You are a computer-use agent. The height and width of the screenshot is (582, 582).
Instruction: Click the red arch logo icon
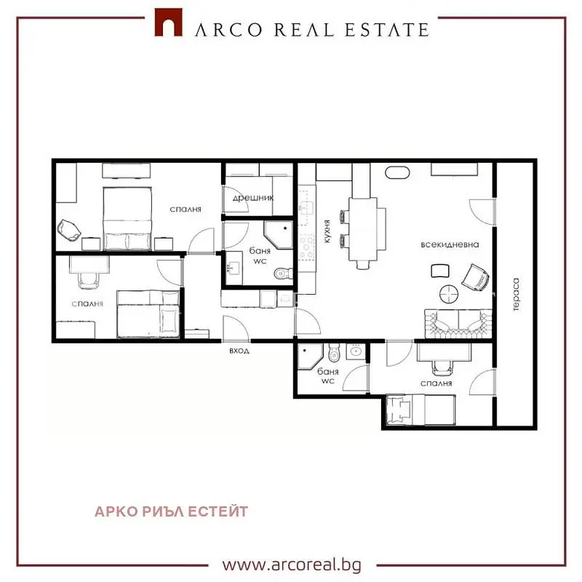pos(168,23)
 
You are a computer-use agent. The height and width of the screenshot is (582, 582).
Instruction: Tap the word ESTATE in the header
pos(387,30)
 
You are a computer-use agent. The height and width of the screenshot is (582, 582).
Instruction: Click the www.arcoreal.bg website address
pos(292,565)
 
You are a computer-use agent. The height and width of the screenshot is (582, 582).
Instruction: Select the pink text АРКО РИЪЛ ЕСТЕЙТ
pos(171,511)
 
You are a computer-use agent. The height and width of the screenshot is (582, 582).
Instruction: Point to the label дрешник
pos(253,198)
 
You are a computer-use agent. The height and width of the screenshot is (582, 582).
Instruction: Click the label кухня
pos(327,231)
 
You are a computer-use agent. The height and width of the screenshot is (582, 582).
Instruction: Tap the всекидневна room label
pos(450,244)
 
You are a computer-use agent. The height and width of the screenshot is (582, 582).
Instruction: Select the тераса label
pos(516,295)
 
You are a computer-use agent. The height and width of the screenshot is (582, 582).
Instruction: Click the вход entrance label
pos(239,351)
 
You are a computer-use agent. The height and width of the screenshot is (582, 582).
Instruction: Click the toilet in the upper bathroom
pos(283,274)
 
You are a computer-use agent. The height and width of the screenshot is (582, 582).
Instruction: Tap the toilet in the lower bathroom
pos(334,353)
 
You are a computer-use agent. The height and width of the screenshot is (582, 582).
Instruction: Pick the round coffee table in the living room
pos(449,294)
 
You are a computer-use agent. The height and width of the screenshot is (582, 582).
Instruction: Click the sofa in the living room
pos(458,323)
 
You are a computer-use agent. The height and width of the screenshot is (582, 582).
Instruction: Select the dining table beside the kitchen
pos(363,229)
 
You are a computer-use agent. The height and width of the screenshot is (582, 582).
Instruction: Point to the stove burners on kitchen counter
pos(307,246)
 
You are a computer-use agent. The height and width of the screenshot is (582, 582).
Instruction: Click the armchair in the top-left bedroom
pos(69,230)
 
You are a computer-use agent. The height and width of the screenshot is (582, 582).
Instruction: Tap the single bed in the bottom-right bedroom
pos(420,410)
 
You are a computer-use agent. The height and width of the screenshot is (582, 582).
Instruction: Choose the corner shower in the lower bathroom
pos(311,356)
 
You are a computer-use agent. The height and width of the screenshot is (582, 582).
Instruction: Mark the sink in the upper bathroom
pos(234,268)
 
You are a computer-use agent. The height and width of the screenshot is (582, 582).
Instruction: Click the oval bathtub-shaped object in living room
pos(397,172)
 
